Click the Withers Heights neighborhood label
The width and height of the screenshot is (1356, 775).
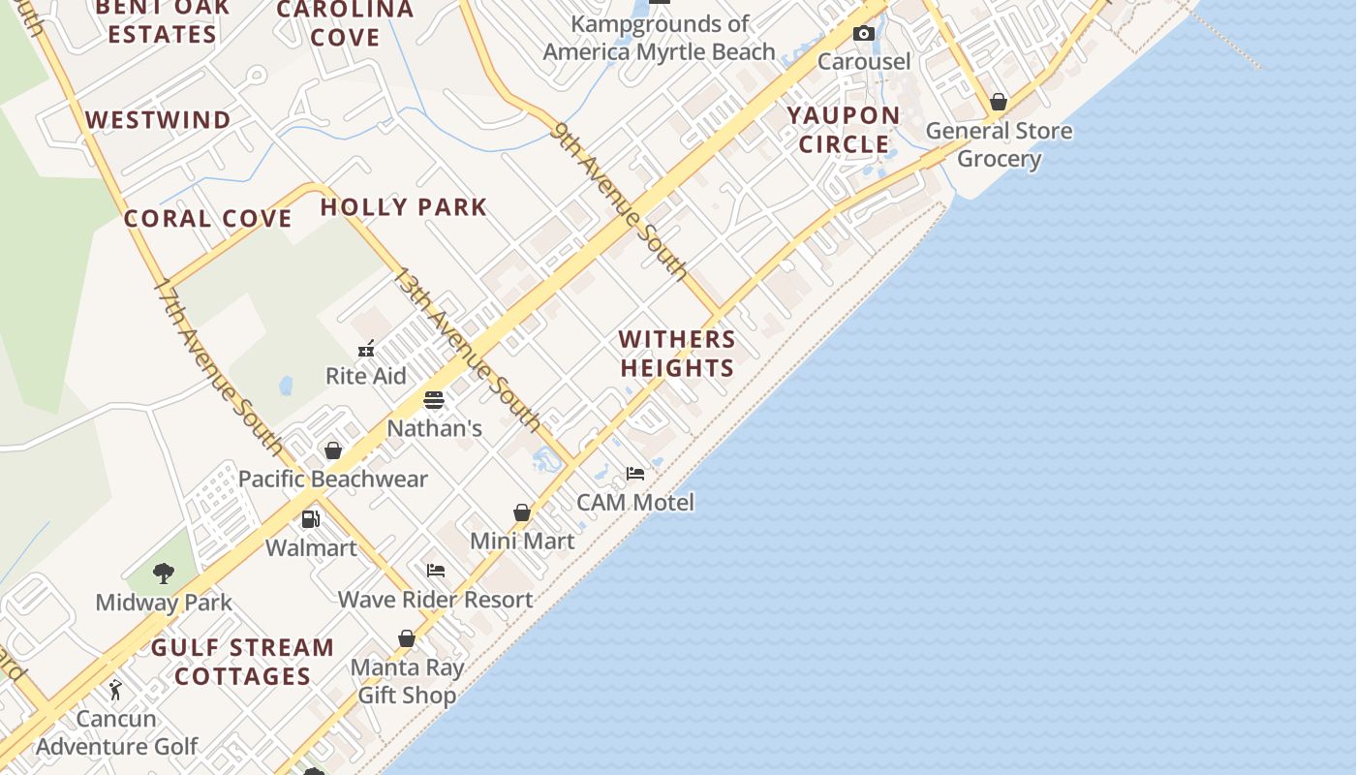click(677, 354)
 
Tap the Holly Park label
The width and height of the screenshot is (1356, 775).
click(403, 206)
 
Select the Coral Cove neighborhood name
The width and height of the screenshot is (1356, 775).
click(207, 218)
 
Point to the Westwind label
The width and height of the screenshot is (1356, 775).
click(159, 120)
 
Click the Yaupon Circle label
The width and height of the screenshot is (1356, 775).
click(844, 130)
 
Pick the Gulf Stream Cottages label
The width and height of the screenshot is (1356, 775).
click(242, 662)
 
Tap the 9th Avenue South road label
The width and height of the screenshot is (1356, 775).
click(620, 201)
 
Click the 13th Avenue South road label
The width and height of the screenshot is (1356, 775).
click(466, 349)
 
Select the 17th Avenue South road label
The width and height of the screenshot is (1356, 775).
click(219, 369)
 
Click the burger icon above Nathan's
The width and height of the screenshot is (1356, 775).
click(434, 400)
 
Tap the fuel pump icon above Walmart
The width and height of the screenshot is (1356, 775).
click(311, 519)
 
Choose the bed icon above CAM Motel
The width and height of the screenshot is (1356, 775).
click(635, 474)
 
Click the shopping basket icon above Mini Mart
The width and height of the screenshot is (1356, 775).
click(522, 512)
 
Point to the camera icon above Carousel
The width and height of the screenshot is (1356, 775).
click(864, 34)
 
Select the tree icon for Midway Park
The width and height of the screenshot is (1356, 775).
click(164, 573)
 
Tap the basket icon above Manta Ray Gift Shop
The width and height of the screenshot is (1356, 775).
click(407, 639)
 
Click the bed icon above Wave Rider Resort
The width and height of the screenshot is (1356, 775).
click(436, 571)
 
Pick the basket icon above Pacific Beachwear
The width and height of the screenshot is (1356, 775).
click(333, 450)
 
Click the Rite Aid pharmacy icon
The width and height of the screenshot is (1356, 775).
click(366, 349)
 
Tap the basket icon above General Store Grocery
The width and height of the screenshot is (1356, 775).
click(999, 102)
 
